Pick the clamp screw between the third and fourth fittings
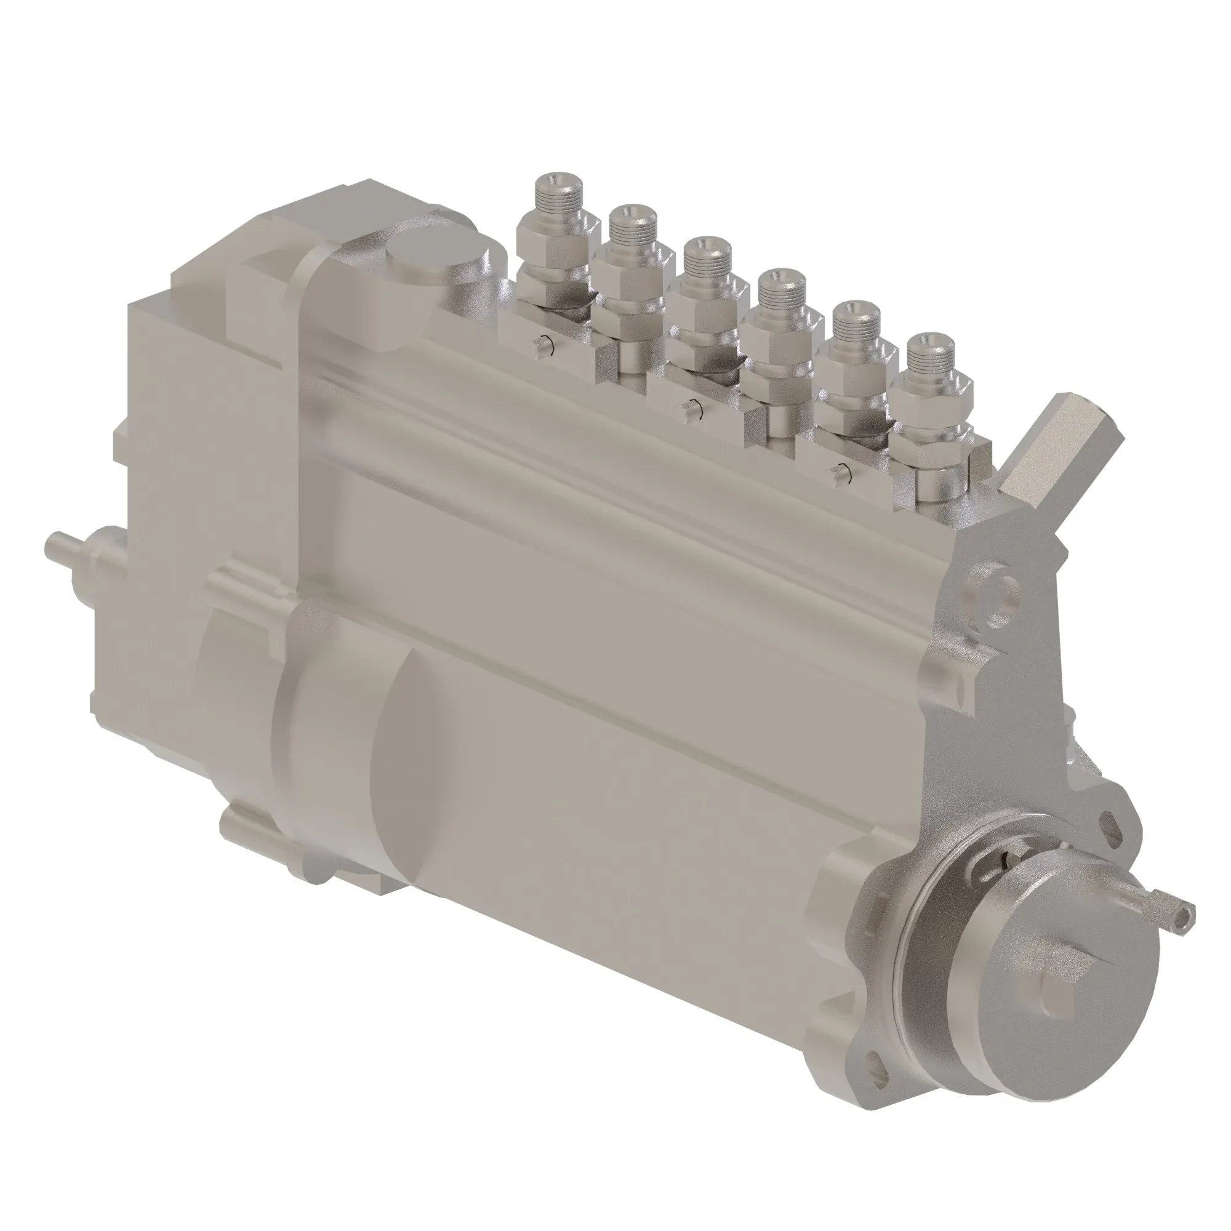691,408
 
